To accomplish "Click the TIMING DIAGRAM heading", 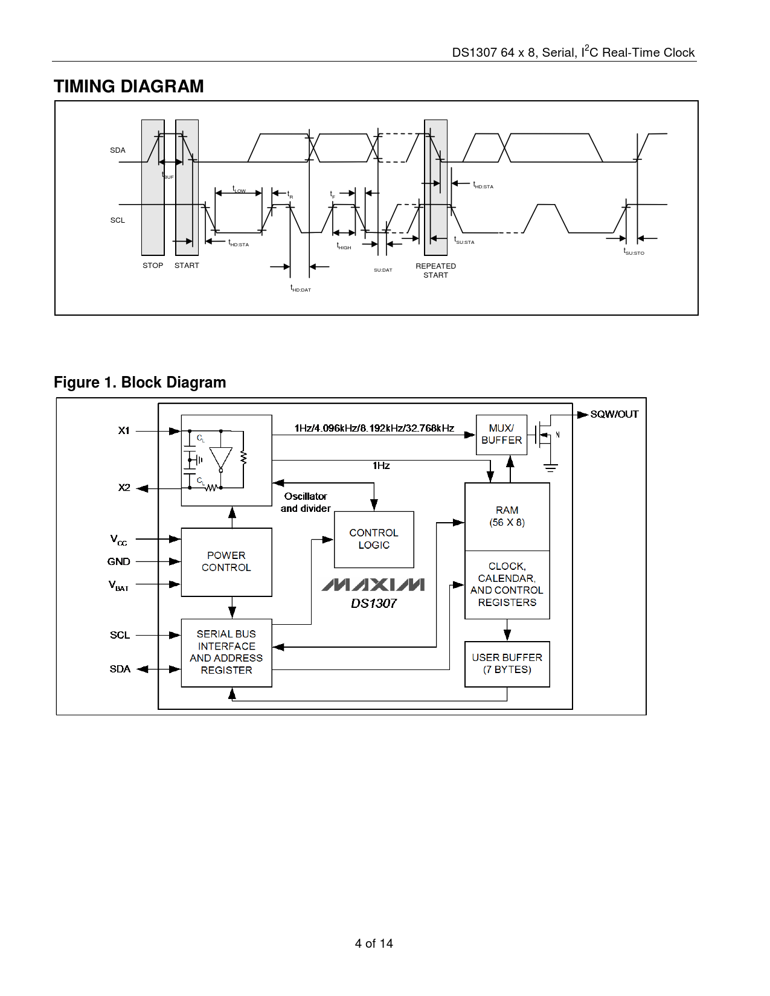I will tap(129, 86).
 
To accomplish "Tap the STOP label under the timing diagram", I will tap(153, 266).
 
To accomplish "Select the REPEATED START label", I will tap(435, 270).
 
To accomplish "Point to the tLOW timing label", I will tap(239, 190).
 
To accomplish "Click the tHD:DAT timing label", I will tap(300, 289).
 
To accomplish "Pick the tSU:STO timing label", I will tap(634, 252).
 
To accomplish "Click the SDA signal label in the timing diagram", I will tap(118, 150).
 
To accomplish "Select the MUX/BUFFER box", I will tap(501, 435).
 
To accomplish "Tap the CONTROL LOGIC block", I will tap(374, 539).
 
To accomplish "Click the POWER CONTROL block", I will tap(226, 562).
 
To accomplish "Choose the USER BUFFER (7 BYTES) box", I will tap(507, 663).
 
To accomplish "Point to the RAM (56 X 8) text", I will tap(507, 516).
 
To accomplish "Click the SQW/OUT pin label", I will tap(614, 414).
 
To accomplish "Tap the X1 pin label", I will tap(124, 430).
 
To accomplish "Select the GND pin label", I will tap(119, 561).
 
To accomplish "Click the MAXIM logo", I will tap(373, 584).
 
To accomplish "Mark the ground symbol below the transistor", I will tap(550, 467).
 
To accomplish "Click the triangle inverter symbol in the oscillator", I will tap(221, 458).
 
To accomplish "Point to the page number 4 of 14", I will tap(374, 943).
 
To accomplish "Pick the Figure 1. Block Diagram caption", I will tap(140, 383).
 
